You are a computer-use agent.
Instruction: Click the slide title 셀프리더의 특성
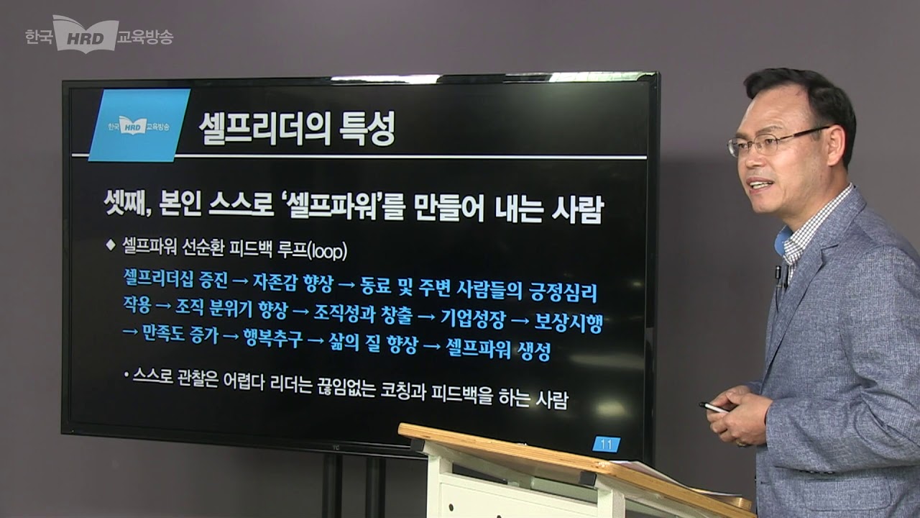click(x=296, y=130)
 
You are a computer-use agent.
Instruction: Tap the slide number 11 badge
click(x=606, y=445)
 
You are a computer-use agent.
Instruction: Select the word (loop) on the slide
click(x=327, y=251)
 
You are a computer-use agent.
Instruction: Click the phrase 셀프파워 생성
click(x=497, y=350)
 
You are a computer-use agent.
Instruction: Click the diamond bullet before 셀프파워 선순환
click(x=111, y=245)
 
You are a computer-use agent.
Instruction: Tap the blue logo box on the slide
click(x=138, y=125)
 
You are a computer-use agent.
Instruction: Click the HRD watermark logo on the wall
click(x=86, y=35)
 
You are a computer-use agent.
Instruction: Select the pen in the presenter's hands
click(x=714, y=408)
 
